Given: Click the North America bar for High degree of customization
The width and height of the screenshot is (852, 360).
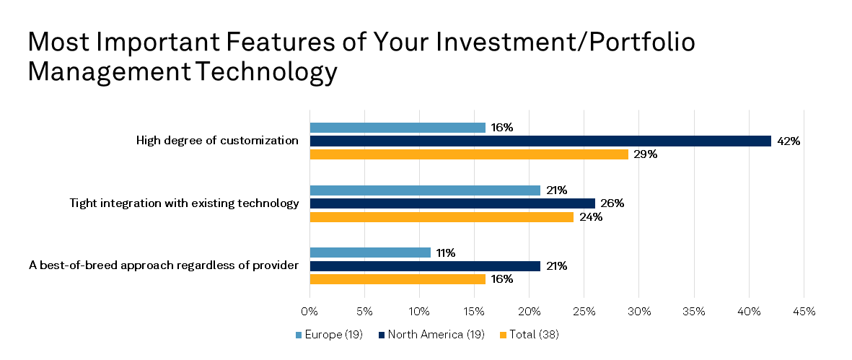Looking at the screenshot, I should pos(540,141).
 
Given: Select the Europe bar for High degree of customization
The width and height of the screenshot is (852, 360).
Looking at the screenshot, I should pos(398,128).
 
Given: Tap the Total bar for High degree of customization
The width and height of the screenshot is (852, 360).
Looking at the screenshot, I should pos(469,154).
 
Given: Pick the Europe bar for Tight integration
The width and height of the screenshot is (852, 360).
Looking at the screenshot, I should pos(425,190).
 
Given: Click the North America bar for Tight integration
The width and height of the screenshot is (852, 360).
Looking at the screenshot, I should pos(452,203).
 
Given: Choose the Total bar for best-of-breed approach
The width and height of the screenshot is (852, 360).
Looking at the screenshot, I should pos(398,278).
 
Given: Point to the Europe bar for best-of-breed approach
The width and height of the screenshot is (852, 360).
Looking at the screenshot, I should pos(370,253).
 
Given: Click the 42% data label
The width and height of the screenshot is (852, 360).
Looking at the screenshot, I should pos(789,141).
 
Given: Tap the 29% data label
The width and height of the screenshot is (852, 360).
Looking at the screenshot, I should pos(646,154).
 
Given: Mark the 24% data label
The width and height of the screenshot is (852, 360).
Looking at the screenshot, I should pos(591,217).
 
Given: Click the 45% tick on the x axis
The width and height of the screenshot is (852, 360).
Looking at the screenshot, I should pos(804,312).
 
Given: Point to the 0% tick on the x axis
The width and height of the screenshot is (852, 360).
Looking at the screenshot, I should pos(309,312).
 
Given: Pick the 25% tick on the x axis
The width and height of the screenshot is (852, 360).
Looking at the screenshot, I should pos(584,312).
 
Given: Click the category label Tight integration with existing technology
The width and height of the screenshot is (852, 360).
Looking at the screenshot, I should pos(184,203).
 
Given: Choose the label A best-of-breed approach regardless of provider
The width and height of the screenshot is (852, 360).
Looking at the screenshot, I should pos(164,265).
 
